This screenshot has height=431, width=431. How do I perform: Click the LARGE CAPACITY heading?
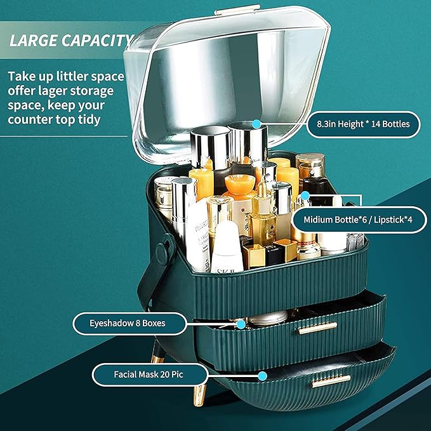pos(72,40)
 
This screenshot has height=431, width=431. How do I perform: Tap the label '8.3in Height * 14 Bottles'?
pos(363,124)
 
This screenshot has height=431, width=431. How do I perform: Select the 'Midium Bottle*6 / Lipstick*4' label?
pos(358,220)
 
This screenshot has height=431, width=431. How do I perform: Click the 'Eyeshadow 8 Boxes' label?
pos(128,323)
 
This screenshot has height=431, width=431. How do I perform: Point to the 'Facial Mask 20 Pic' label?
pos(149,375)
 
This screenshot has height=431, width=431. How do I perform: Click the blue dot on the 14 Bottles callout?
pos(256,124)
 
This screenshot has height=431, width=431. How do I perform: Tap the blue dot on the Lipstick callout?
pos(305,196)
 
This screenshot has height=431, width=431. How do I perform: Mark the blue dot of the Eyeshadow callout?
pos(241,324)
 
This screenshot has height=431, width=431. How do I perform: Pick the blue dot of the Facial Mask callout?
pos(263,376)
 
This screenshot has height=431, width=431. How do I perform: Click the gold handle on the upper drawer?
pos(318,328)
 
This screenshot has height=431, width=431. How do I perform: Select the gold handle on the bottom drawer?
pos(331,381)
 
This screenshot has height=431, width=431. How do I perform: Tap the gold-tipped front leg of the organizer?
pos(199,395)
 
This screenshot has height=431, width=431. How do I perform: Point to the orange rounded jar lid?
pos(240,184)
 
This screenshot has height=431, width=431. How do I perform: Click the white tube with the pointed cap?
pos(227,247)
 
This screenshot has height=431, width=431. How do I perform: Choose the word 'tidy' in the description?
pos(89,119)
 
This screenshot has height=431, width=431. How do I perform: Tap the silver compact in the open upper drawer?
pos(268,318)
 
